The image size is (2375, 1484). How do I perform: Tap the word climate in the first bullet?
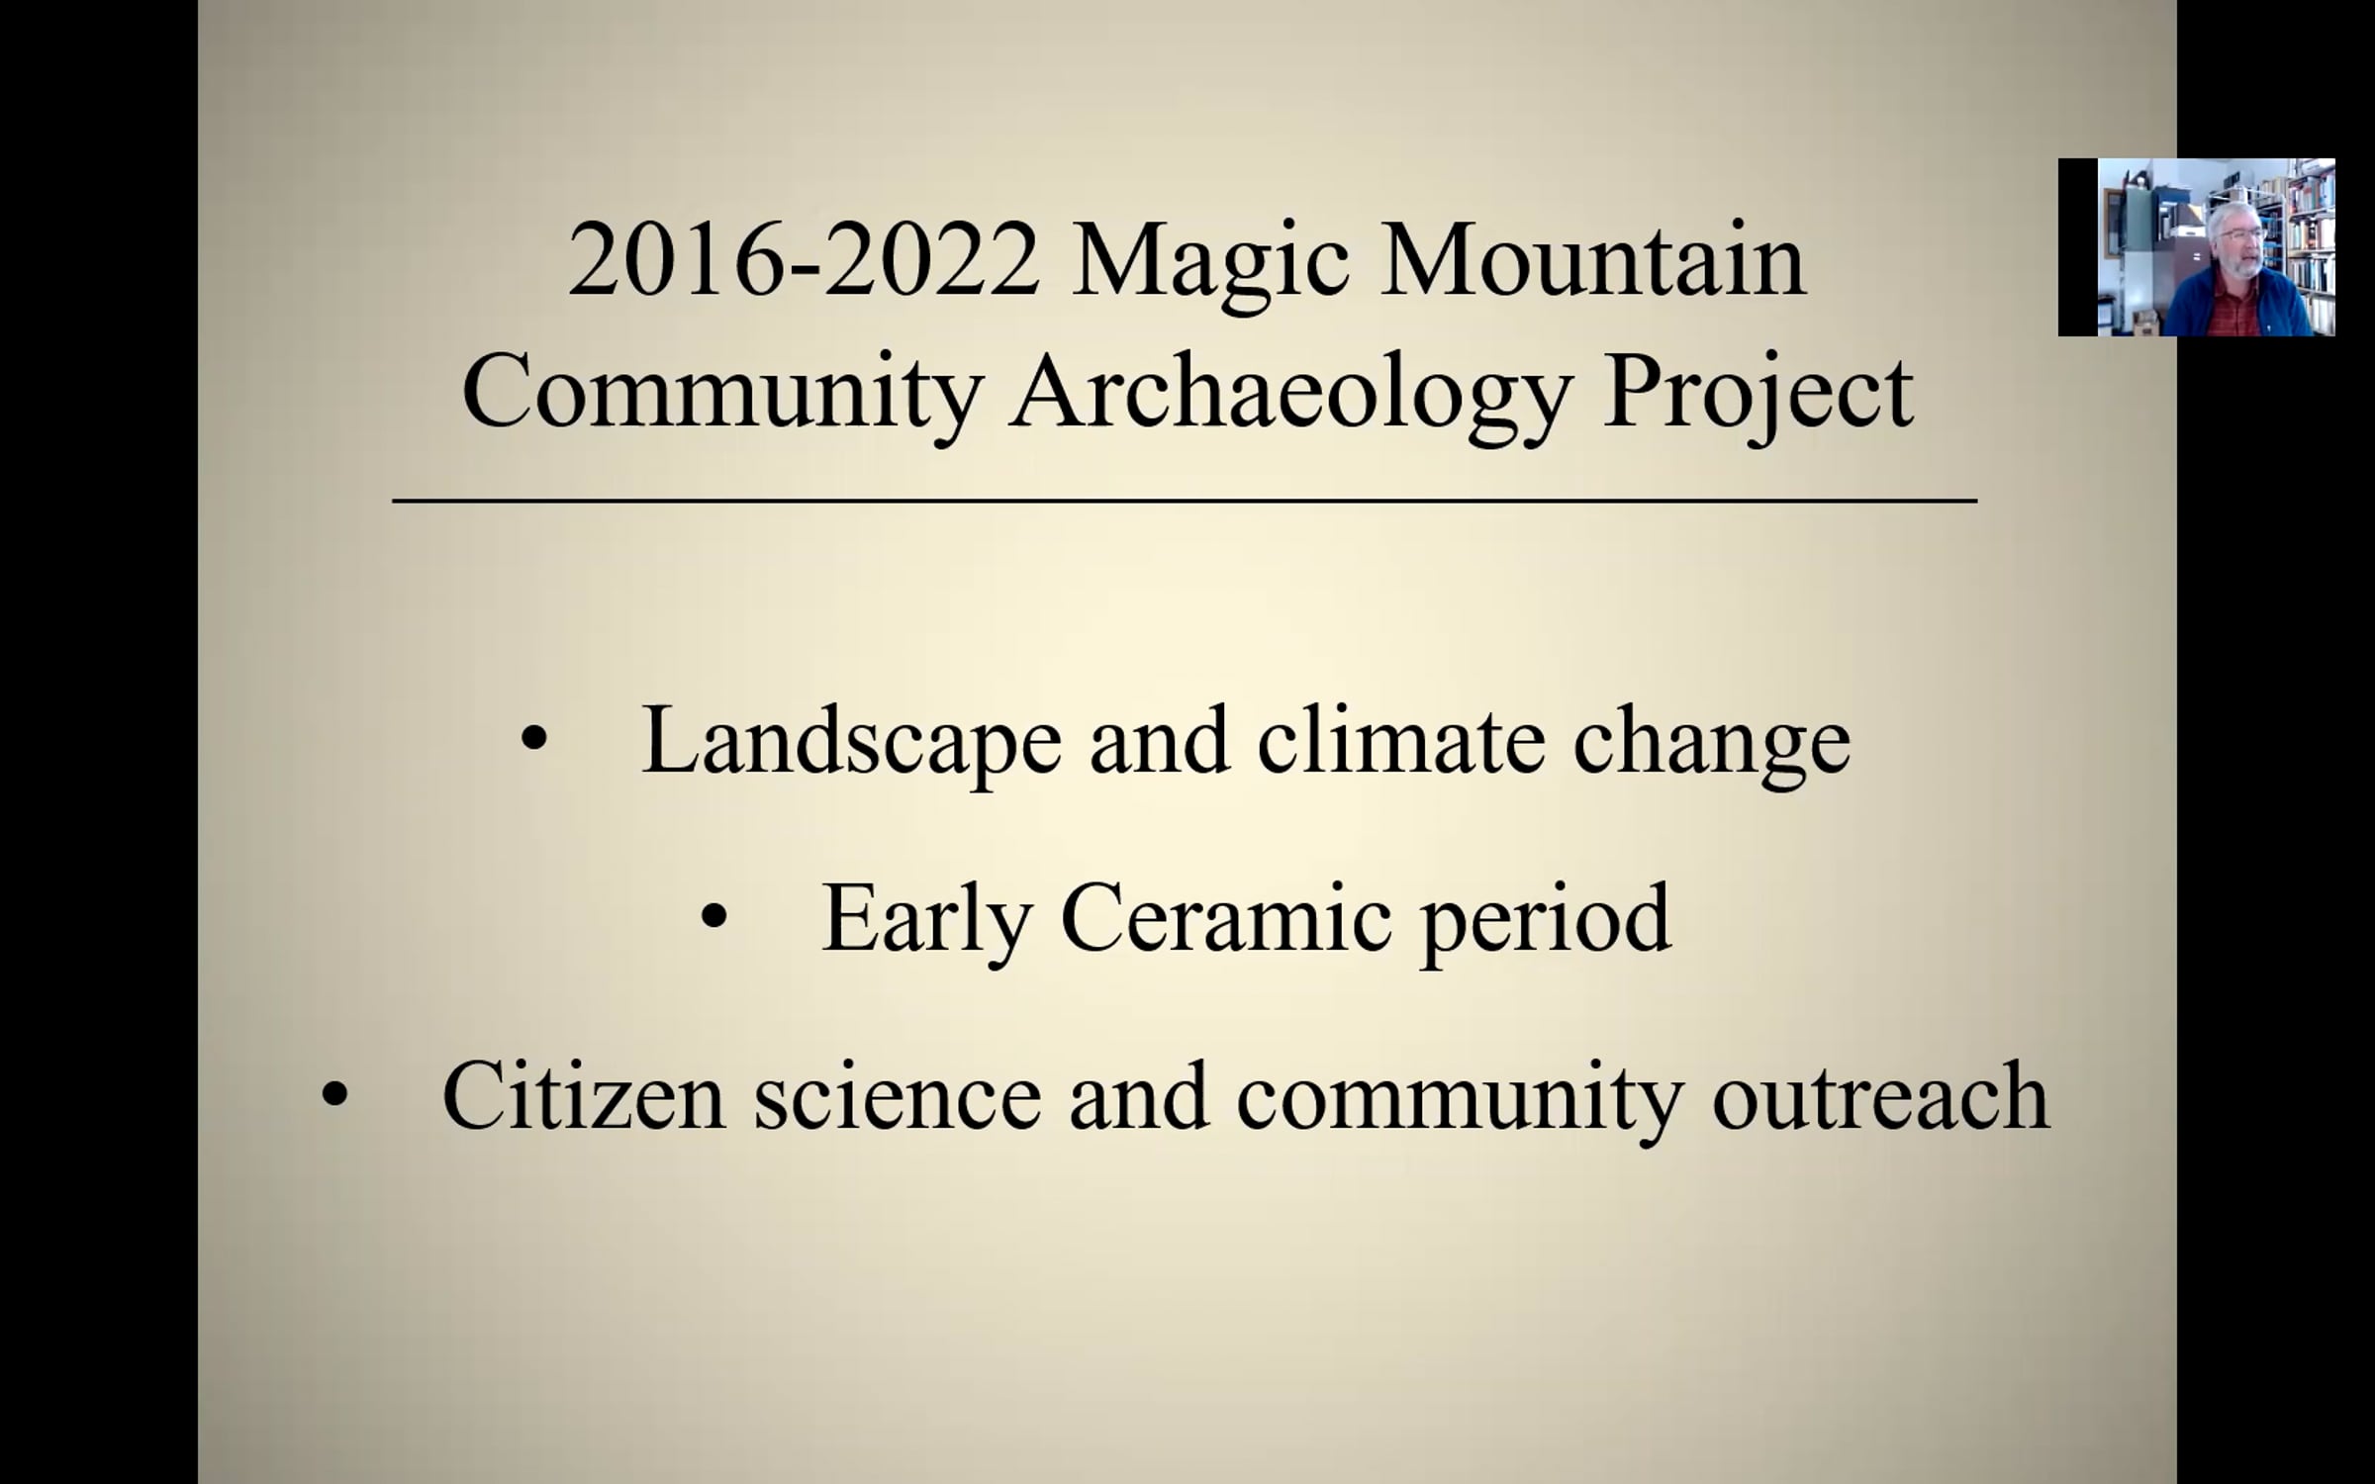tap(1401, 741)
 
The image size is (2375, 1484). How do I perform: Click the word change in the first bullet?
tap(1712, 747)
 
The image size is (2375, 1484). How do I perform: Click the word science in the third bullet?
tap(897, 1097)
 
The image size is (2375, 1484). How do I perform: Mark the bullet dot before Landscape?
tap(533, 739)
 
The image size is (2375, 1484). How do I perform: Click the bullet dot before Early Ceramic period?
tap(713, 917)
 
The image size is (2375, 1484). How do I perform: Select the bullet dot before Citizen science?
tap(335, 1094)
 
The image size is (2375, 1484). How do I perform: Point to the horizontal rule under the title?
tap(1185, 502)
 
